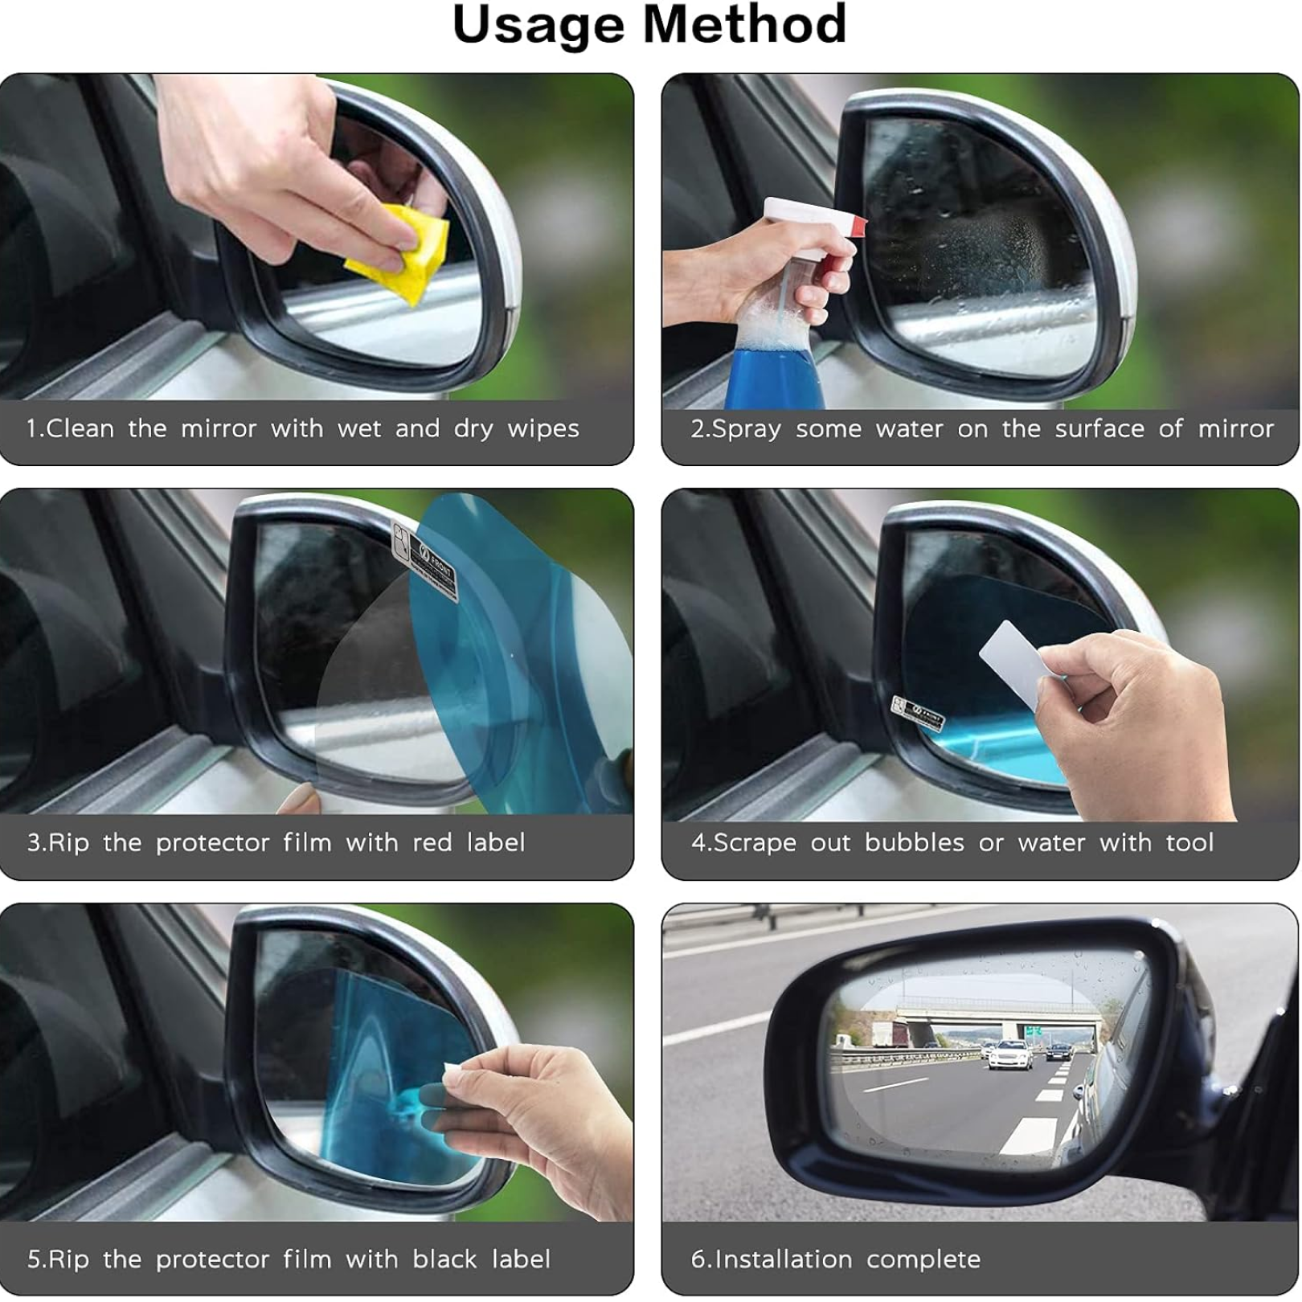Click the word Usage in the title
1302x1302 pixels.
538,26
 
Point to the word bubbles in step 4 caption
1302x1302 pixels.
914,842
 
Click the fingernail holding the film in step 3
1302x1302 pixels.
301,797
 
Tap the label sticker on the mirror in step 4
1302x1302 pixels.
917,713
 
